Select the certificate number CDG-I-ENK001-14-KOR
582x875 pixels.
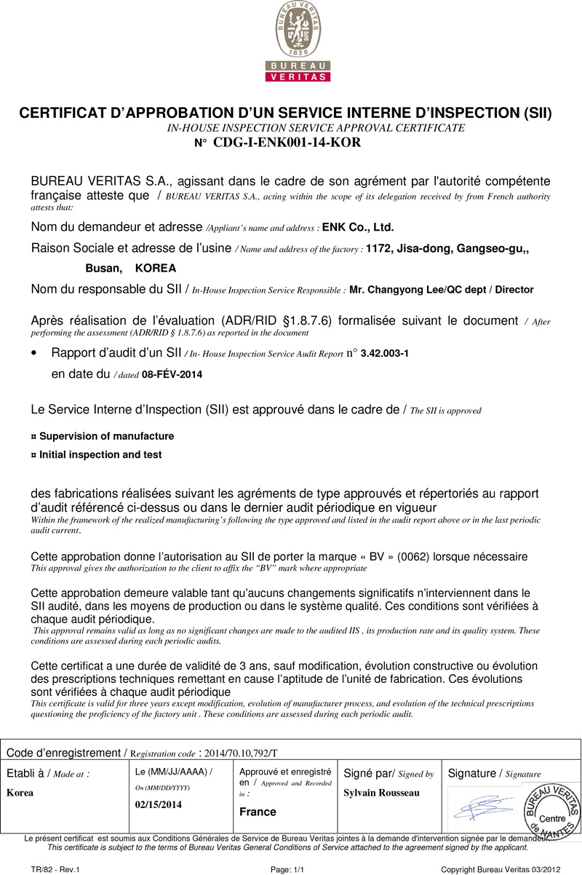pyautogui.click(x=287, y=143)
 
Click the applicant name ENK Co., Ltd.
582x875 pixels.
pyautogui.click(x=357, y=227)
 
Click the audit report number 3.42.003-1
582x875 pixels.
pyautogui.click(x=384, y=354)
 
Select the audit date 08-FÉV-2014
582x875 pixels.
pyautogui.click(x=172, y=375)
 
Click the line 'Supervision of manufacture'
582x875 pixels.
pyautogui.click(x=106, y=436)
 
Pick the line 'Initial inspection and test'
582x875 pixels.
pyautogui.click(x=100, y=454)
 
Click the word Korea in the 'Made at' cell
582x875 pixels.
pyautogui.click(x=20, y=792)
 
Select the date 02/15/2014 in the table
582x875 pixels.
pyautogui.click(x=159, y=804)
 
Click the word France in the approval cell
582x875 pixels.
pyautogui.click(x=258, y=812)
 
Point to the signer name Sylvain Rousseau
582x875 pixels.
pyautogui.click(x=381, y=792)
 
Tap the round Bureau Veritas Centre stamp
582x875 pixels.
pyautogui.click(x=552, y=811)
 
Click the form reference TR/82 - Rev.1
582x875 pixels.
pyautogui.click(x=55, y=869)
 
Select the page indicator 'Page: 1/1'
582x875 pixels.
pyautogui.click(x=287, y=869)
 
